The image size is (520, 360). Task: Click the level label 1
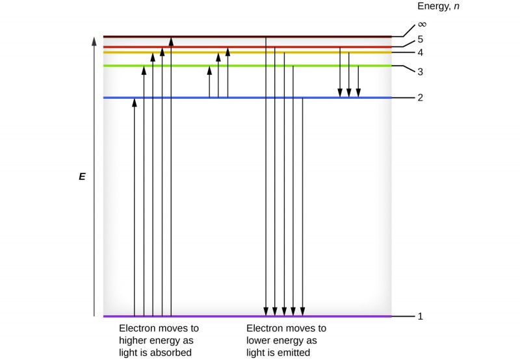420,316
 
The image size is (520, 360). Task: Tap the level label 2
420,97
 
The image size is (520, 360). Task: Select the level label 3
420,71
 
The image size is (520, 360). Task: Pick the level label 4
420,52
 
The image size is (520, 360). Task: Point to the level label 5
420,39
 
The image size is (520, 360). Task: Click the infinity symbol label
422,24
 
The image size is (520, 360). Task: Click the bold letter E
82,176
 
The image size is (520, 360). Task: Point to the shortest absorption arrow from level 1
135,208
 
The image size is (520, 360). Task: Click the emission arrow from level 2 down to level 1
303,208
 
